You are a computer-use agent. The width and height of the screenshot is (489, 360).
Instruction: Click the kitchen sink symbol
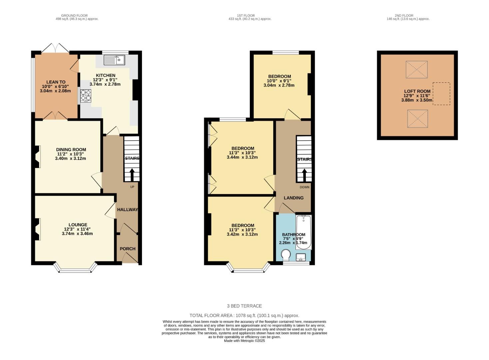point(114,60)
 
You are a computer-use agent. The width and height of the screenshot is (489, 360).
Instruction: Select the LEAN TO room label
point(56,82)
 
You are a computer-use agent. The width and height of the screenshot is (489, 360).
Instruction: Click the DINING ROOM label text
point(71,150)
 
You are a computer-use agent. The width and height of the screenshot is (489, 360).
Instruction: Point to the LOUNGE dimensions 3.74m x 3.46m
point(77,234)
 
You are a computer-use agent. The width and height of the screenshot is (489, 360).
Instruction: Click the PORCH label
point(128,249)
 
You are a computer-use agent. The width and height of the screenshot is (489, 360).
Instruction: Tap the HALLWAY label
point(127,210)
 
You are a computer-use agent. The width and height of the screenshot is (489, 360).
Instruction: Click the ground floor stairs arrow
point(132,174)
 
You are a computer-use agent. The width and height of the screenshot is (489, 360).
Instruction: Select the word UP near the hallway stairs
point(132,187)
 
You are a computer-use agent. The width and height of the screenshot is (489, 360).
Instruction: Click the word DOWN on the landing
point(304,187)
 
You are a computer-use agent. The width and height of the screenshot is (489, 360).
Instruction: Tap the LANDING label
point(293,198)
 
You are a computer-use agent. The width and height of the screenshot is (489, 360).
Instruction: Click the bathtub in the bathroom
point(304,232)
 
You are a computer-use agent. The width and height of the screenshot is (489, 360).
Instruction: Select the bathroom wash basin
point(301,257)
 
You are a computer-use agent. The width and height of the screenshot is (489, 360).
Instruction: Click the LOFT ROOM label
point(417,91)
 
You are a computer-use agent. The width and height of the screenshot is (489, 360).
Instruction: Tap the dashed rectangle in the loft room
point(441,94)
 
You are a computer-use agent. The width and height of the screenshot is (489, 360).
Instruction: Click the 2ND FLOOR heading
point(404,15)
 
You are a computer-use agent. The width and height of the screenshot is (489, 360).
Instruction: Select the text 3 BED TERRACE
point(244,306)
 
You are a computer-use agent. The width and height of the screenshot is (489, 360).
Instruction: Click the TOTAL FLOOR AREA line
point(244,315)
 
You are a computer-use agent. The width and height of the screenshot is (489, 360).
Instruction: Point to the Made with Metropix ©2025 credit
point(244,341)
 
